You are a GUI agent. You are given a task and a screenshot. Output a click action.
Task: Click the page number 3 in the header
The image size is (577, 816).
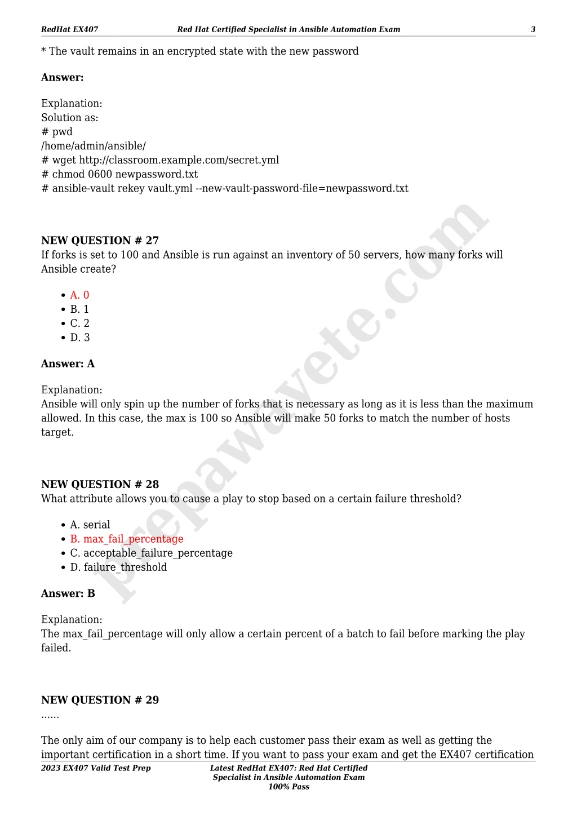click(x=532, y=29)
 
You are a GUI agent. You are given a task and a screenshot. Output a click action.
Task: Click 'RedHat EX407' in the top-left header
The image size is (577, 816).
click(x=69, y=29)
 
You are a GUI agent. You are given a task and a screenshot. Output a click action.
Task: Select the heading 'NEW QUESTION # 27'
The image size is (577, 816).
click(x=100, y=241)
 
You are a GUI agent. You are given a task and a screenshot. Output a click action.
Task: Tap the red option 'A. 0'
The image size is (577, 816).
click(x=79, y=295)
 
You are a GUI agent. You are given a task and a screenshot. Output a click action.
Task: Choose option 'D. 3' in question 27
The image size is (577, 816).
click(x=80, y=338)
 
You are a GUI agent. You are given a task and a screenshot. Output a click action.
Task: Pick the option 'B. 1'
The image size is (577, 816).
click(x=79, y=309)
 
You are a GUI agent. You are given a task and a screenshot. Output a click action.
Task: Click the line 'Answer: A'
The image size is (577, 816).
click(x=68, y=364)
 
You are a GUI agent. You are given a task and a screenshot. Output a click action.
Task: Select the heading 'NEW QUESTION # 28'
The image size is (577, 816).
click(x=100, y=485)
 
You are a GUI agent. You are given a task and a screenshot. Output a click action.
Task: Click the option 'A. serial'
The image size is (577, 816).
click(x=90, y=525)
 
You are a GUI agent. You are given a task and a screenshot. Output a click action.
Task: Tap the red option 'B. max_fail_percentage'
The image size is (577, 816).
click(x=127, y=539)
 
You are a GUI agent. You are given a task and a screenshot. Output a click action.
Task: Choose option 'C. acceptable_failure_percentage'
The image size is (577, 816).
click(x=151, y=553)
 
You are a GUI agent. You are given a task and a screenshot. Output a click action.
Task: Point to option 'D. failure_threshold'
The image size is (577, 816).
click(x=118, y=567)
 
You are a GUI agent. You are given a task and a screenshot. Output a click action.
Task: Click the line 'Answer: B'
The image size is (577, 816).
click(x=68, y=594)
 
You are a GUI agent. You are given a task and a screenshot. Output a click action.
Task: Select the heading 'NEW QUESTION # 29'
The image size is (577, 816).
click(x=100, y=700)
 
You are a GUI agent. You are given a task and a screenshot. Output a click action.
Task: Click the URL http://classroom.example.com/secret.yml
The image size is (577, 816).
click(x=179, y=161)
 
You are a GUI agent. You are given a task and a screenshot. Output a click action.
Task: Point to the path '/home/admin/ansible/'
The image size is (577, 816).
click(x=93, y=147)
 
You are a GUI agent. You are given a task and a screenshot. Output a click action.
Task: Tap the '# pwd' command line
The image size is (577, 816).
click(x=56, y=132)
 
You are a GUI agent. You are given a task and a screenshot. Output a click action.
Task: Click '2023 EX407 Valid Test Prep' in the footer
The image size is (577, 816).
click(x=96, y=768)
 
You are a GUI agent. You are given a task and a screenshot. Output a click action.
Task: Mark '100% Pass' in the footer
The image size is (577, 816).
click(x=288, y=787)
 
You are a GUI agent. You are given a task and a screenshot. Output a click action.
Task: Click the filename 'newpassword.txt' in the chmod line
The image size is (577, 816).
click(x=156, y=175)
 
